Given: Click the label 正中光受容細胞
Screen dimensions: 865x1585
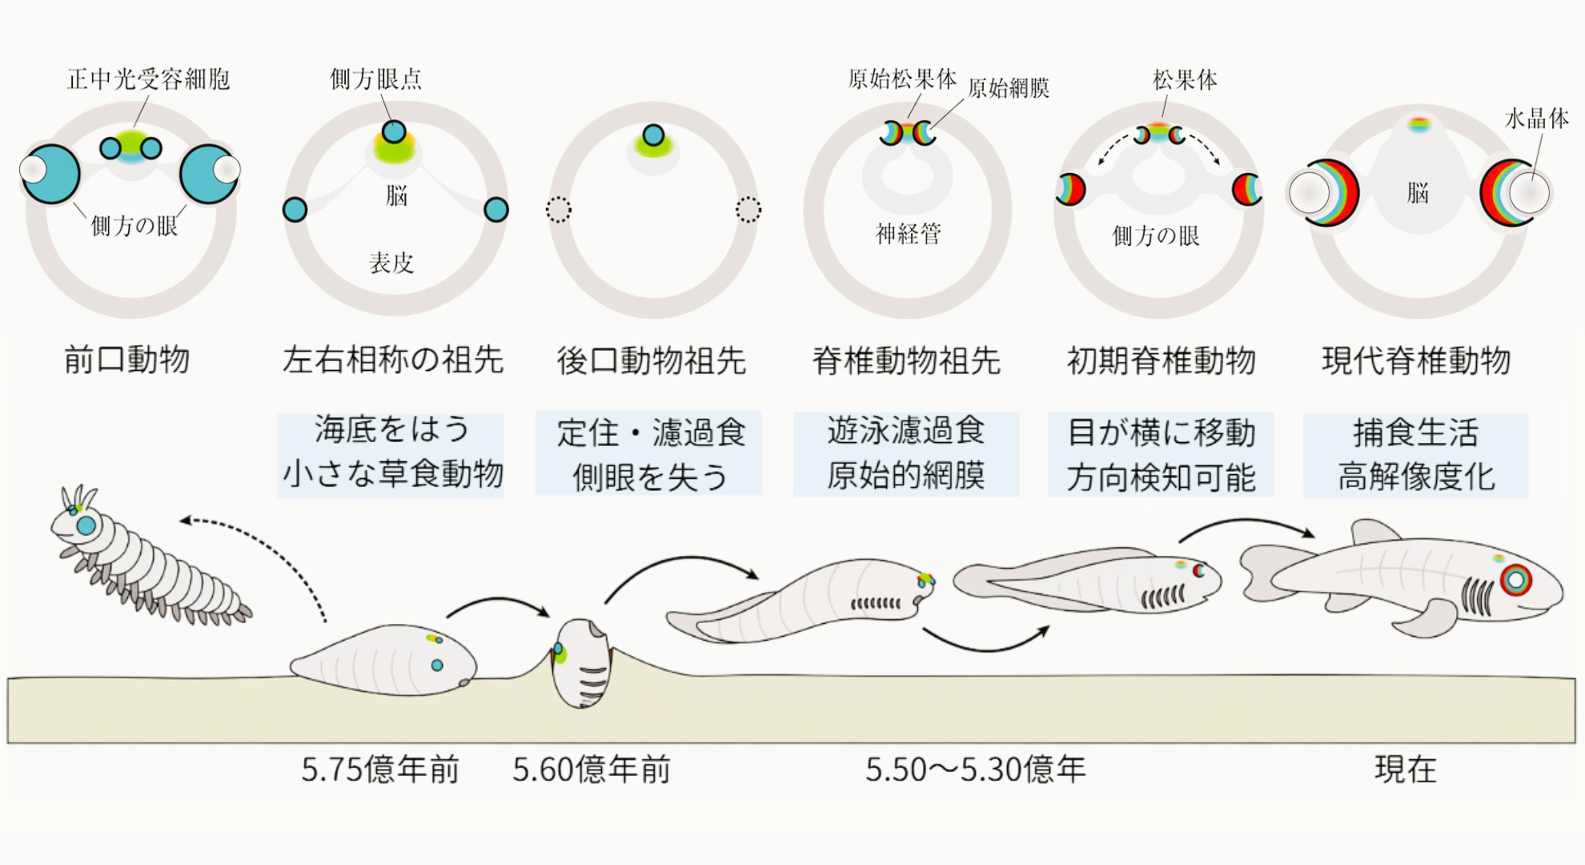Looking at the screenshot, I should click(x=148, y=79).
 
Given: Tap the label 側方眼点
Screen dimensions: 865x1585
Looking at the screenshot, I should click(x=375, y=79).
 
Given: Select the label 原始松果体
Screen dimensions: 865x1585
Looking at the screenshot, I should click(x=902, y=79).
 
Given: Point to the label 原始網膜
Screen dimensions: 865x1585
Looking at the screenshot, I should click(x=1009, y=88).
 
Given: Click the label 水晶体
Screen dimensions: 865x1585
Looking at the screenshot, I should click(x=1536, y=119).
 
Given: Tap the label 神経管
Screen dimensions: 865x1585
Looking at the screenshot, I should click(x=909, y=234).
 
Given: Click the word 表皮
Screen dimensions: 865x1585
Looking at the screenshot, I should click(x=391, y=263).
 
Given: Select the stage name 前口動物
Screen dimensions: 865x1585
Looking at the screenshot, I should click(x=126, y=360).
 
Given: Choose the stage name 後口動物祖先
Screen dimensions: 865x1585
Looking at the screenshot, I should click(x=651, y=361).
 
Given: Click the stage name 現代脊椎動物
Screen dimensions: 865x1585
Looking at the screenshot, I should click(x=1415, y=361).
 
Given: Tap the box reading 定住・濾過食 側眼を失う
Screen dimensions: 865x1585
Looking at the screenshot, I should click(x=648, y=454).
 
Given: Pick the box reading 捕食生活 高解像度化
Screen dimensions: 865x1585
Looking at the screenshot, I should click(x=1415, y=455).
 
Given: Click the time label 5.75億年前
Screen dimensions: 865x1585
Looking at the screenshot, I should click(x=380, y=770).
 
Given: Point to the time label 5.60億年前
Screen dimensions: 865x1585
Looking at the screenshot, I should click(x=592, y=770).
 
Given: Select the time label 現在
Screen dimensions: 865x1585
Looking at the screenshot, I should click(x=1406, y=770).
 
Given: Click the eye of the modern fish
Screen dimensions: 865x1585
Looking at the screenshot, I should click(x=1515, y=580).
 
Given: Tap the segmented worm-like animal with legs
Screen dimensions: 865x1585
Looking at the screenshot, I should click(x=144, y=557).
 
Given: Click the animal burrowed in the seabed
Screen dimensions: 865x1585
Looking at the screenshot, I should click(x=582, y=663).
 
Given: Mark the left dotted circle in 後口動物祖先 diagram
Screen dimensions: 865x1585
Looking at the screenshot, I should click(x=558, y=210).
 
